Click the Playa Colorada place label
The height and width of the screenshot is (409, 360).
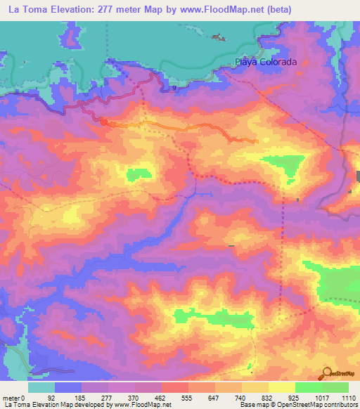pos(266,62)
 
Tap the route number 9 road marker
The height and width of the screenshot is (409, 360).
pos(174,88)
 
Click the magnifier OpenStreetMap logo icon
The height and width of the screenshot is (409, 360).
pos(326,373)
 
